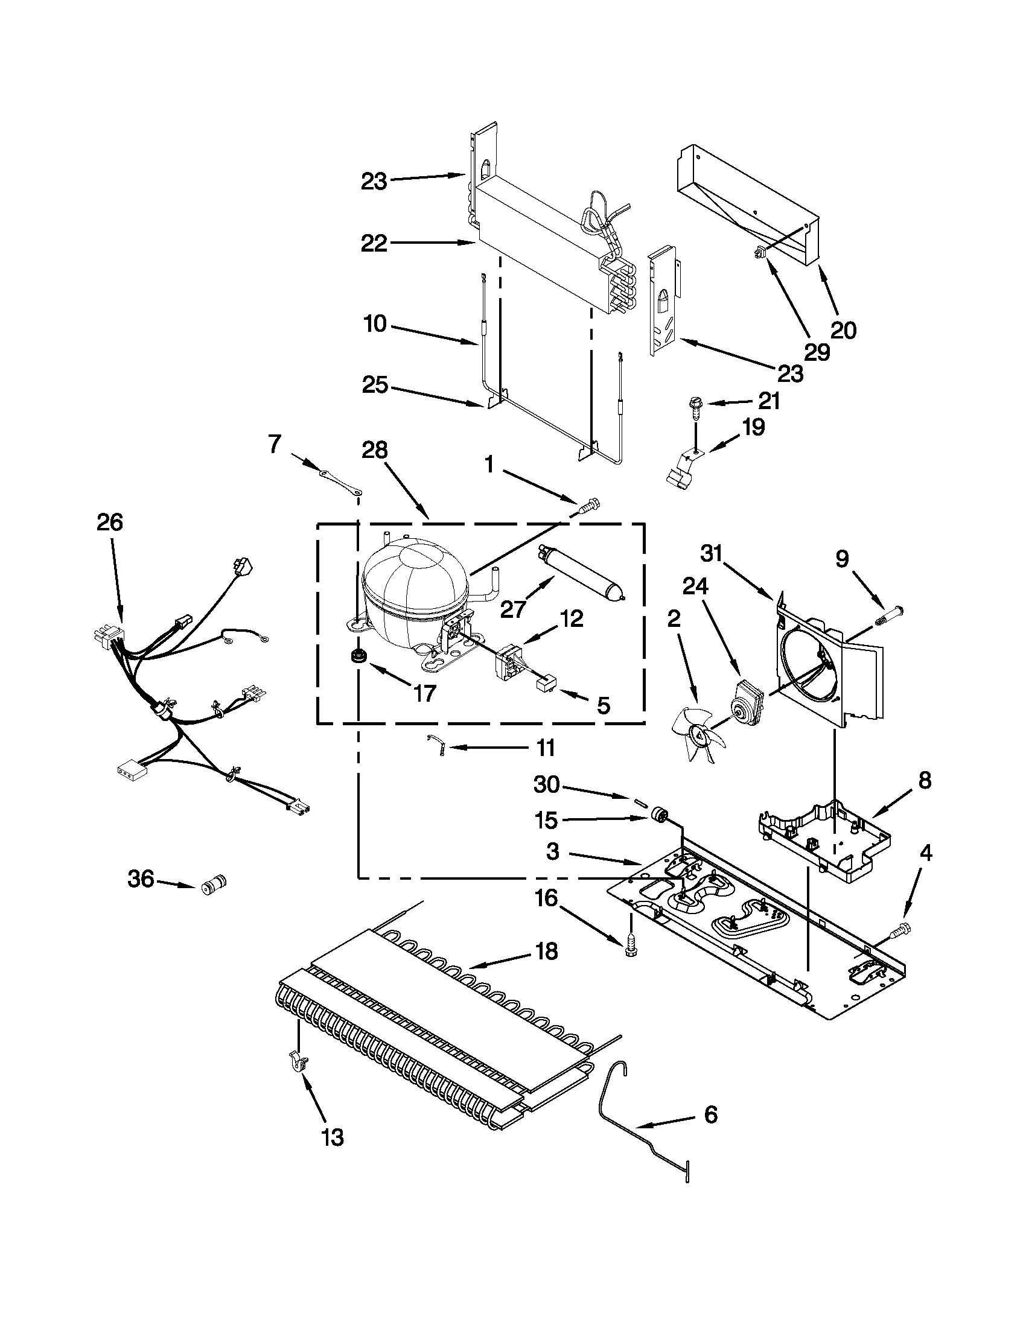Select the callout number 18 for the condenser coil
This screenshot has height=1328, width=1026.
tap(547, 952)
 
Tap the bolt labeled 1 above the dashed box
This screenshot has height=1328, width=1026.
tap(588, 505)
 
